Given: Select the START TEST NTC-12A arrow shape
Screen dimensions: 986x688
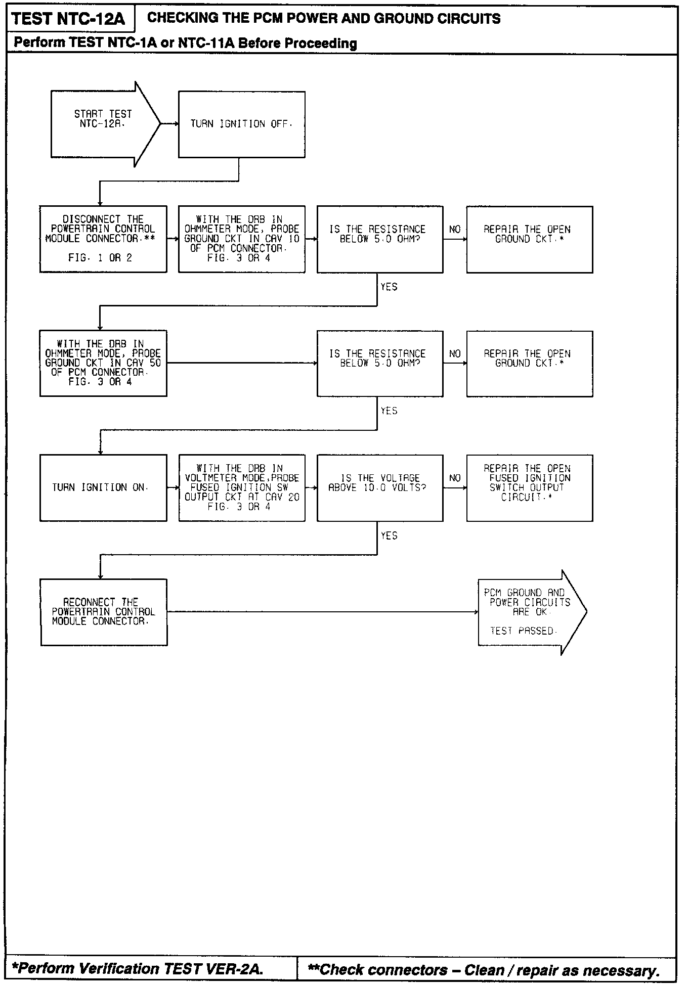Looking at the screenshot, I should pos(104,124).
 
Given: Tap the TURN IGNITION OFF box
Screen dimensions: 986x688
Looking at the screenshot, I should pos(241,124).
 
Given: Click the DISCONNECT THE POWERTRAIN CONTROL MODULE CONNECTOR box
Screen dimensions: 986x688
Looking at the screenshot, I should pos(103,239).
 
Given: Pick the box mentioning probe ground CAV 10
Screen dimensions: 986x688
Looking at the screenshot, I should pos(241,239).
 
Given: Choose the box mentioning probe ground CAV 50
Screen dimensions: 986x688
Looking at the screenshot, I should pos(103,363).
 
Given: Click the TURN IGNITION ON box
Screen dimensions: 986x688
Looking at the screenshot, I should pos(103,487).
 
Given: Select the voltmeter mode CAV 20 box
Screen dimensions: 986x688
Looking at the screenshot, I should pos(241,487).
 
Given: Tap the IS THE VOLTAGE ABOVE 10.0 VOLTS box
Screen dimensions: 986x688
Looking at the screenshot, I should pos(380,487).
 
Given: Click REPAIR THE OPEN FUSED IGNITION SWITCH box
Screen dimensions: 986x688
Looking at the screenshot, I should pos(529,487).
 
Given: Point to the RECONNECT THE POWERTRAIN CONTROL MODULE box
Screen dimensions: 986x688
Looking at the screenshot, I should pos(104,612).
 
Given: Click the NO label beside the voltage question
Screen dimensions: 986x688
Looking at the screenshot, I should pos(455,478).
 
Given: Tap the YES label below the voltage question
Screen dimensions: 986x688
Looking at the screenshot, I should pos(389,535).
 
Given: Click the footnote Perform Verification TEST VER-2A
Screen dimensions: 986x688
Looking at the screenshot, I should pos(138,969).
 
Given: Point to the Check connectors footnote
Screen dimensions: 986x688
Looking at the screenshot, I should pos(484,970).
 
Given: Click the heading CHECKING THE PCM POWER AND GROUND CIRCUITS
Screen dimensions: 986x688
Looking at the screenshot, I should pos(324,19).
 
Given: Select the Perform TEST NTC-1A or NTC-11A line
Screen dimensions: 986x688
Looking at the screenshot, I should pos(185,43).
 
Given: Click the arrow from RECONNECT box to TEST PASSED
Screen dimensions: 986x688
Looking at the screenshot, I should pos(322,612).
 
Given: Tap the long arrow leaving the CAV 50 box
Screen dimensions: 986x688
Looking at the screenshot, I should pos(242,363).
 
